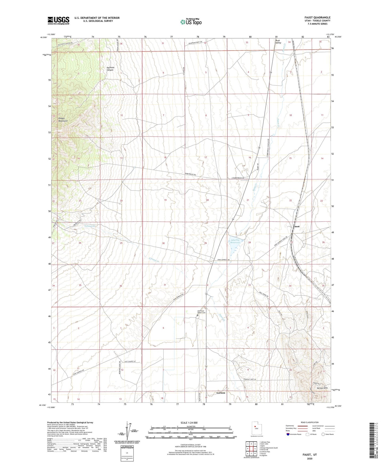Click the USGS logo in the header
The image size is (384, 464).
coord(58,20)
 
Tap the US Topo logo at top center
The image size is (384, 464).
coord(191,22)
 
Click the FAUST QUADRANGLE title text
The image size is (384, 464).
coord(317,18)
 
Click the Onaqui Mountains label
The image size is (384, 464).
coord(63,120)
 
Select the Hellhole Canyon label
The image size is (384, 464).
coord(110,69)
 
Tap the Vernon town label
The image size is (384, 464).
coord(221,393)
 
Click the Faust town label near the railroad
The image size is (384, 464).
coord(296,226)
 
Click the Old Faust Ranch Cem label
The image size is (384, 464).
coord(201,312)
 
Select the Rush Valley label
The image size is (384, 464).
coord(278,41)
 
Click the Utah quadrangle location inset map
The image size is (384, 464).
coord(256,428)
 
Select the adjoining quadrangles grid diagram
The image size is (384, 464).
coord(251,449)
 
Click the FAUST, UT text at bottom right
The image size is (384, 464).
coord(310,455)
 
